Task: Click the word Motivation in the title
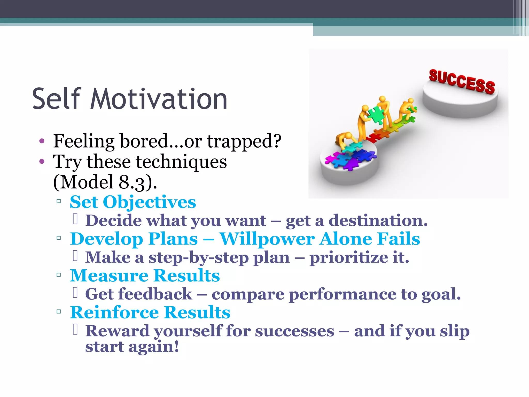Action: tap(159, 99)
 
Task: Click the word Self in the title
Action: tap(57, 99)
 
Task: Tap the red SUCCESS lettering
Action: tap(462, 81)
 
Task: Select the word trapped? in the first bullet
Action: tap(244, 141)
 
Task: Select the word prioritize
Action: tap(348, 258)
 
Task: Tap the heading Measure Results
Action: tap(145, 276)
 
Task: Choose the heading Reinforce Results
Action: tap(150, 312)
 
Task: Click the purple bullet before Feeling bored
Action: tap(42, 141)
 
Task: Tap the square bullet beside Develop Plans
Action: tap(59, 238)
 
